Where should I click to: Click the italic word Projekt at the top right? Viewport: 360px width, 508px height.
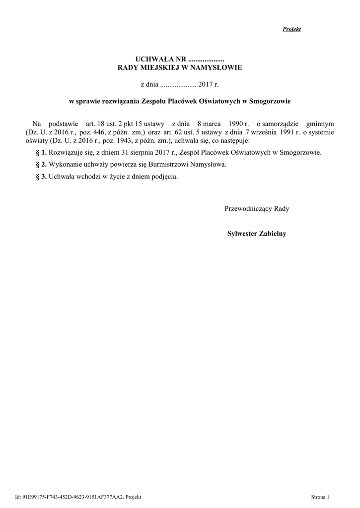[x=292, y=29]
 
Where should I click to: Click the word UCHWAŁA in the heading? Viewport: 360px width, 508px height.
[x=151, y=60]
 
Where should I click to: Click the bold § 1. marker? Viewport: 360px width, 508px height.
[x=42, y=153]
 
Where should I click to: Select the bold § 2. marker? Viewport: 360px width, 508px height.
[x=42, y=165]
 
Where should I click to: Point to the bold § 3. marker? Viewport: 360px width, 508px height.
[x=42, y=177]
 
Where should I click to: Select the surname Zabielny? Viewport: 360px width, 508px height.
[x=272, y=233]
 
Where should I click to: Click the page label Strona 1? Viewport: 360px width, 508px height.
[x=320, y=497]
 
